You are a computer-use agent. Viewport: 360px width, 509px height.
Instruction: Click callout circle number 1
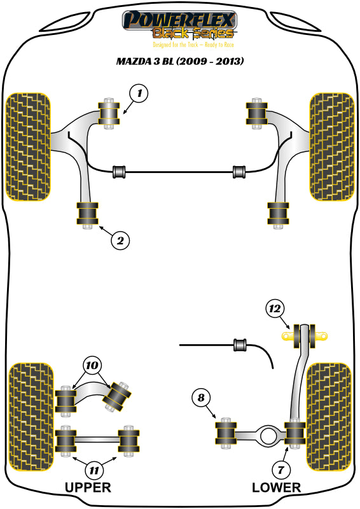point(138,94)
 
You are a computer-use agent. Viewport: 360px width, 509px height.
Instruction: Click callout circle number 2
point(119,240)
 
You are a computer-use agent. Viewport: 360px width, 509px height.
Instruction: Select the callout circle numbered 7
point(280,470)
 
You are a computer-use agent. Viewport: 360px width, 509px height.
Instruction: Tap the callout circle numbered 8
point(201,399)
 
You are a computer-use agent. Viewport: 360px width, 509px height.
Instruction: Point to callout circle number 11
point(94,471)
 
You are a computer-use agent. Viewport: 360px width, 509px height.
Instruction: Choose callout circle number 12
point(274,309)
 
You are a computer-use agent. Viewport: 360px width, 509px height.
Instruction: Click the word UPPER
point(88,488)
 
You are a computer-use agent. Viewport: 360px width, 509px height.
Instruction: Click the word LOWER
point(276,488)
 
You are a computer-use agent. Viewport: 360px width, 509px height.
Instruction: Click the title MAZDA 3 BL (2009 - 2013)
point(180,62)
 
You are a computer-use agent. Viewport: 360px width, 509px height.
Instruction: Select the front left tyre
point(27,146)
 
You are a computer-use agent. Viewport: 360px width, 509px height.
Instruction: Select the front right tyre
point(331,146)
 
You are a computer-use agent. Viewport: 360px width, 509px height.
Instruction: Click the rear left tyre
point(29,417)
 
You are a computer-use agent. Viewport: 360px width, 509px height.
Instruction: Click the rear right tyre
point(329,417)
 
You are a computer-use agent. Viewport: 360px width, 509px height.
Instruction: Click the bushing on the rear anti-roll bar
point(240,345)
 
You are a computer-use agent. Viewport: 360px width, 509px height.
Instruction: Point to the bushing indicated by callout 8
point(225,433)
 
